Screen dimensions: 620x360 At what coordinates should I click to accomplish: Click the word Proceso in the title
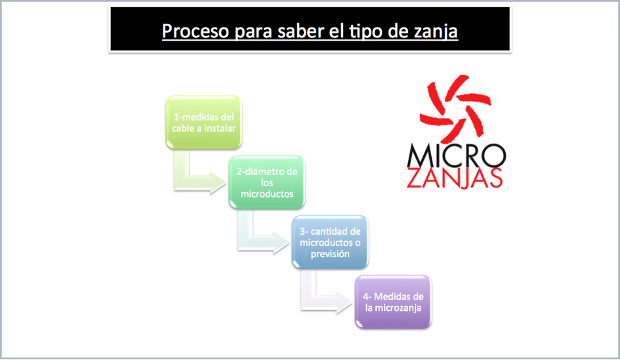pyautogui.click(x=196, y=31)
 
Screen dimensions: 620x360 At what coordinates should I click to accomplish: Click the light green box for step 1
pyautogui.click(x=203, y=123)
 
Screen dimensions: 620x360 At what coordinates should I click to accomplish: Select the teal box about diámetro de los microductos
pyautogui.click(x=267, y=182)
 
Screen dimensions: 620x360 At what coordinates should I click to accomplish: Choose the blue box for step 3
pyautogui.click(x=330, y=242)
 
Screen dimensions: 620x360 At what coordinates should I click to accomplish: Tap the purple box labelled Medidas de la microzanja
pyautogui.click(x=393, y=302)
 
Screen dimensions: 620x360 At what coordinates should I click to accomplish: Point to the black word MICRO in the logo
pyautogui.click(x=456, y=155)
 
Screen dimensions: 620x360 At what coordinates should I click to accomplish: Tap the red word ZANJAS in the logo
pyautogui.click(x=455, y=178)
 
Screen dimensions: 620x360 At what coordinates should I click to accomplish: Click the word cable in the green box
pyautogui.click(x=183, y=129)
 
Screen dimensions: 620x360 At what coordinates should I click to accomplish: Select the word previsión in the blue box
pyautogui.click(x=330, y=254)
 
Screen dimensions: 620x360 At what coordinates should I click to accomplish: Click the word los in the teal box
pyautogui.click(x=267, y=182)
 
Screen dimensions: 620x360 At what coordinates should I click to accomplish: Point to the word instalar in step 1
pyautogui.click(x=220, y=129)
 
